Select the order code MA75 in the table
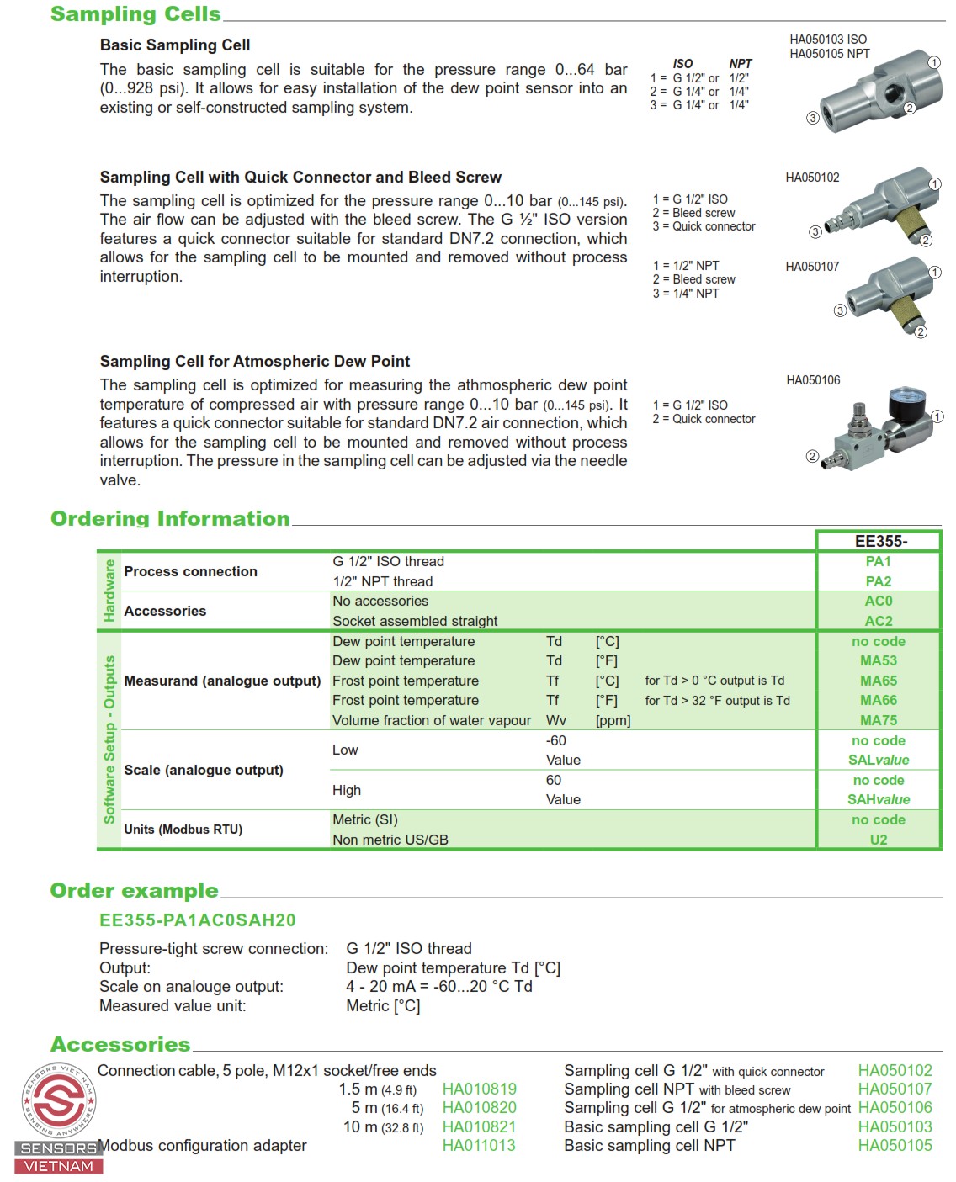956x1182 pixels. tap(878, 720)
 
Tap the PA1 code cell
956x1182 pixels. tap(878, 561)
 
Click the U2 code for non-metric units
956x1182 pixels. tap(878, 840)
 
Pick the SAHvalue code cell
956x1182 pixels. tap(878, 799)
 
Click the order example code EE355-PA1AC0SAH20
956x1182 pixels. tap(198, 920)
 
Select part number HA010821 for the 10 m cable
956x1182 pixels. tap(479, 1126)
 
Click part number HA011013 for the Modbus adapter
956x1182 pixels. tap(479, 1145)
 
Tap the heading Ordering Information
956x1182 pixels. tap(170, 518)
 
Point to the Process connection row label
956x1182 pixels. tap(190, 571)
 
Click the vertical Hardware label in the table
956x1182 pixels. tap(109, 591)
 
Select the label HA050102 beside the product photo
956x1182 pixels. tap(812, 178)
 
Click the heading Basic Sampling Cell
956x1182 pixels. tap(175, 45)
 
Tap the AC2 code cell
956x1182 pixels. tap(878, 621)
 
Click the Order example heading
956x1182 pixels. tap(135, 890)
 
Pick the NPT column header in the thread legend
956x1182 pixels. tap(741, 64)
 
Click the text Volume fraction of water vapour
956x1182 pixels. tap(432, 720)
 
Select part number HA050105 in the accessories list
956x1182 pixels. tap(895, 1145)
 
